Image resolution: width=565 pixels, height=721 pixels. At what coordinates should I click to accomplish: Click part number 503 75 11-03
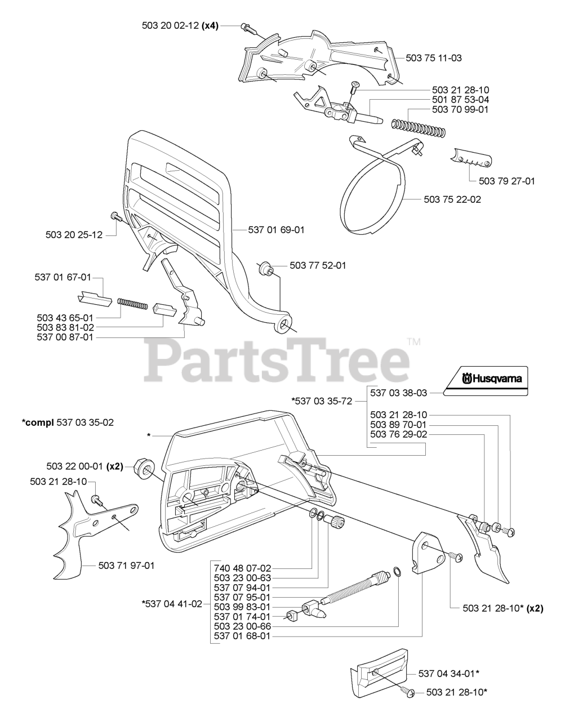pos(434,57)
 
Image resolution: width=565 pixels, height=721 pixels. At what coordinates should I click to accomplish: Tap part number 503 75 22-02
pos(453,199)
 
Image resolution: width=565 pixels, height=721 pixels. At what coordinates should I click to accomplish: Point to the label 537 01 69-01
pos(276,230)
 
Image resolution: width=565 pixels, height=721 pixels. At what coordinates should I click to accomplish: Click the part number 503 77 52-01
pos(318,265)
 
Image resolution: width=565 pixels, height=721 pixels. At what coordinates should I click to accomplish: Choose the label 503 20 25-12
pos(74,234)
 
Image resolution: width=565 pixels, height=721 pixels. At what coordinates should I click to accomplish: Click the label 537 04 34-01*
pos(448,673)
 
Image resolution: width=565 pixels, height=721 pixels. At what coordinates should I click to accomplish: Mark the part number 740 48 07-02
pos(243,568)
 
